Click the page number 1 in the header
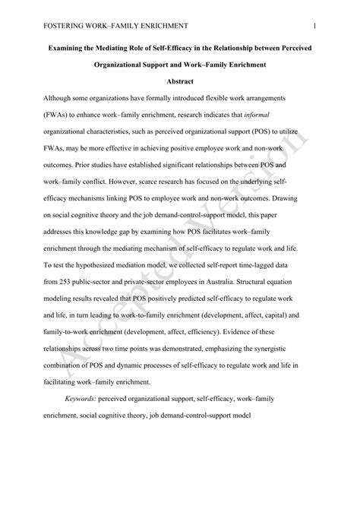(314, 26)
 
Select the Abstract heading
(179, 81)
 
